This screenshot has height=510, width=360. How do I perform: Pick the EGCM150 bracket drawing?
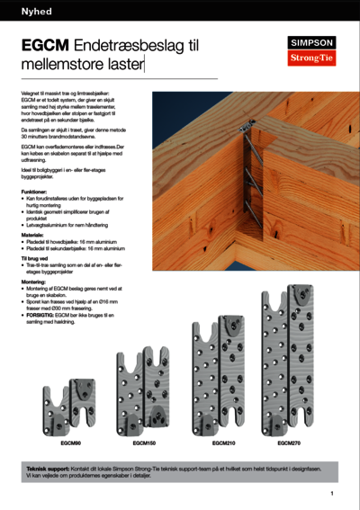pos(144,390)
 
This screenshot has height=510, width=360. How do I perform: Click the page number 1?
pos(332,494)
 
